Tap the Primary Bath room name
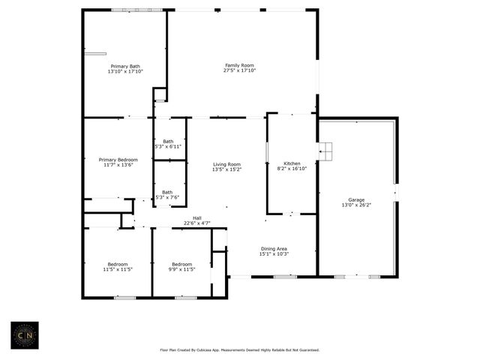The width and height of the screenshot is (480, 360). (124, 66)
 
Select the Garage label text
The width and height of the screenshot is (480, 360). (355, 199)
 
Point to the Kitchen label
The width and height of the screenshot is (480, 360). (292, 163)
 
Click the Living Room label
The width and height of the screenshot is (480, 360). (226, 164)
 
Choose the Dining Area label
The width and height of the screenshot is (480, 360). (273, 248)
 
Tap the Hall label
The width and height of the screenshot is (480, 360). (196, 217)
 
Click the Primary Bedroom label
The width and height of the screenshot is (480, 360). (118, 159)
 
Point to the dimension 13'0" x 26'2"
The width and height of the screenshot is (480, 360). (355, 205)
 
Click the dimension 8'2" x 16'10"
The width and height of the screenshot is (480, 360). (292, 169)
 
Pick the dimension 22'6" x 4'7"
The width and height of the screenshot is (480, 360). (196, 223)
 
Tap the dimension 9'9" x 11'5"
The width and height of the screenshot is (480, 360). (181, 268)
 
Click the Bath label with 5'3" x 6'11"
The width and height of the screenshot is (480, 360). (169, 141)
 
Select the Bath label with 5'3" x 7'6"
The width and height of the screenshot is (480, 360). (167, 191)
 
